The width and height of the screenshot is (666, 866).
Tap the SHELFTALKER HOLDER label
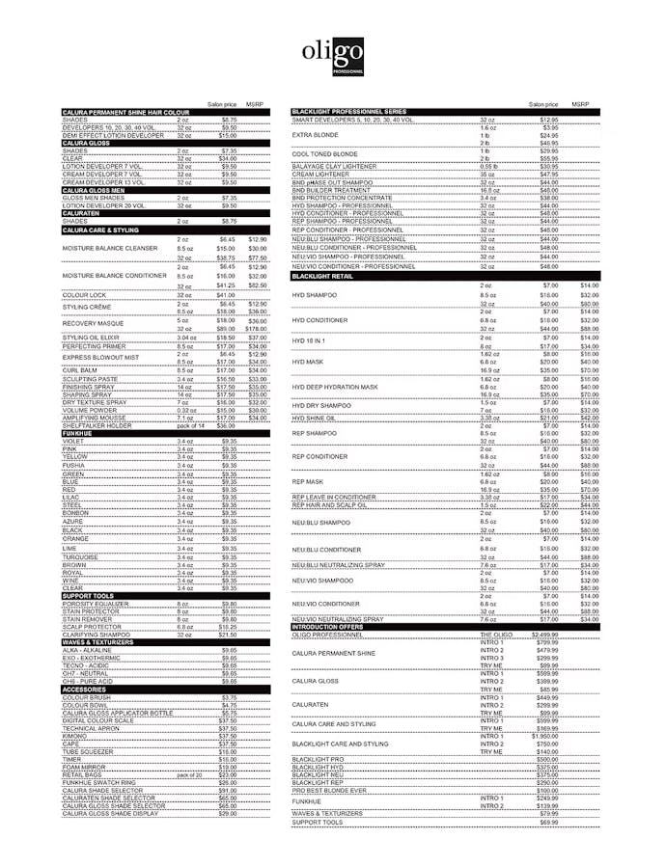click(x=97, y=425)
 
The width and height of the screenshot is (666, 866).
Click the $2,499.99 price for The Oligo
click(x=545, y=635)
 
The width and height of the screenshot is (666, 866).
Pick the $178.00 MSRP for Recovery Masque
click(x=257, y=329)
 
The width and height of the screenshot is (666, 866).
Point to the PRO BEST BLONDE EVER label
click(x=329, y=791)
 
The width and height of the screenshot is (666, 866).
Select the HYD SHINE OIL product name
click(x=314, y=418)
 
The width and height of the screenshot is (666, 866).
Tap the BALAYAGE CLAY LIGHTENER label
click(x=338, y=167)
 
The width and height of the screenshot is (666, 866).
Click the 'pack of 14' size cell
click(x=191, y=425)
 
